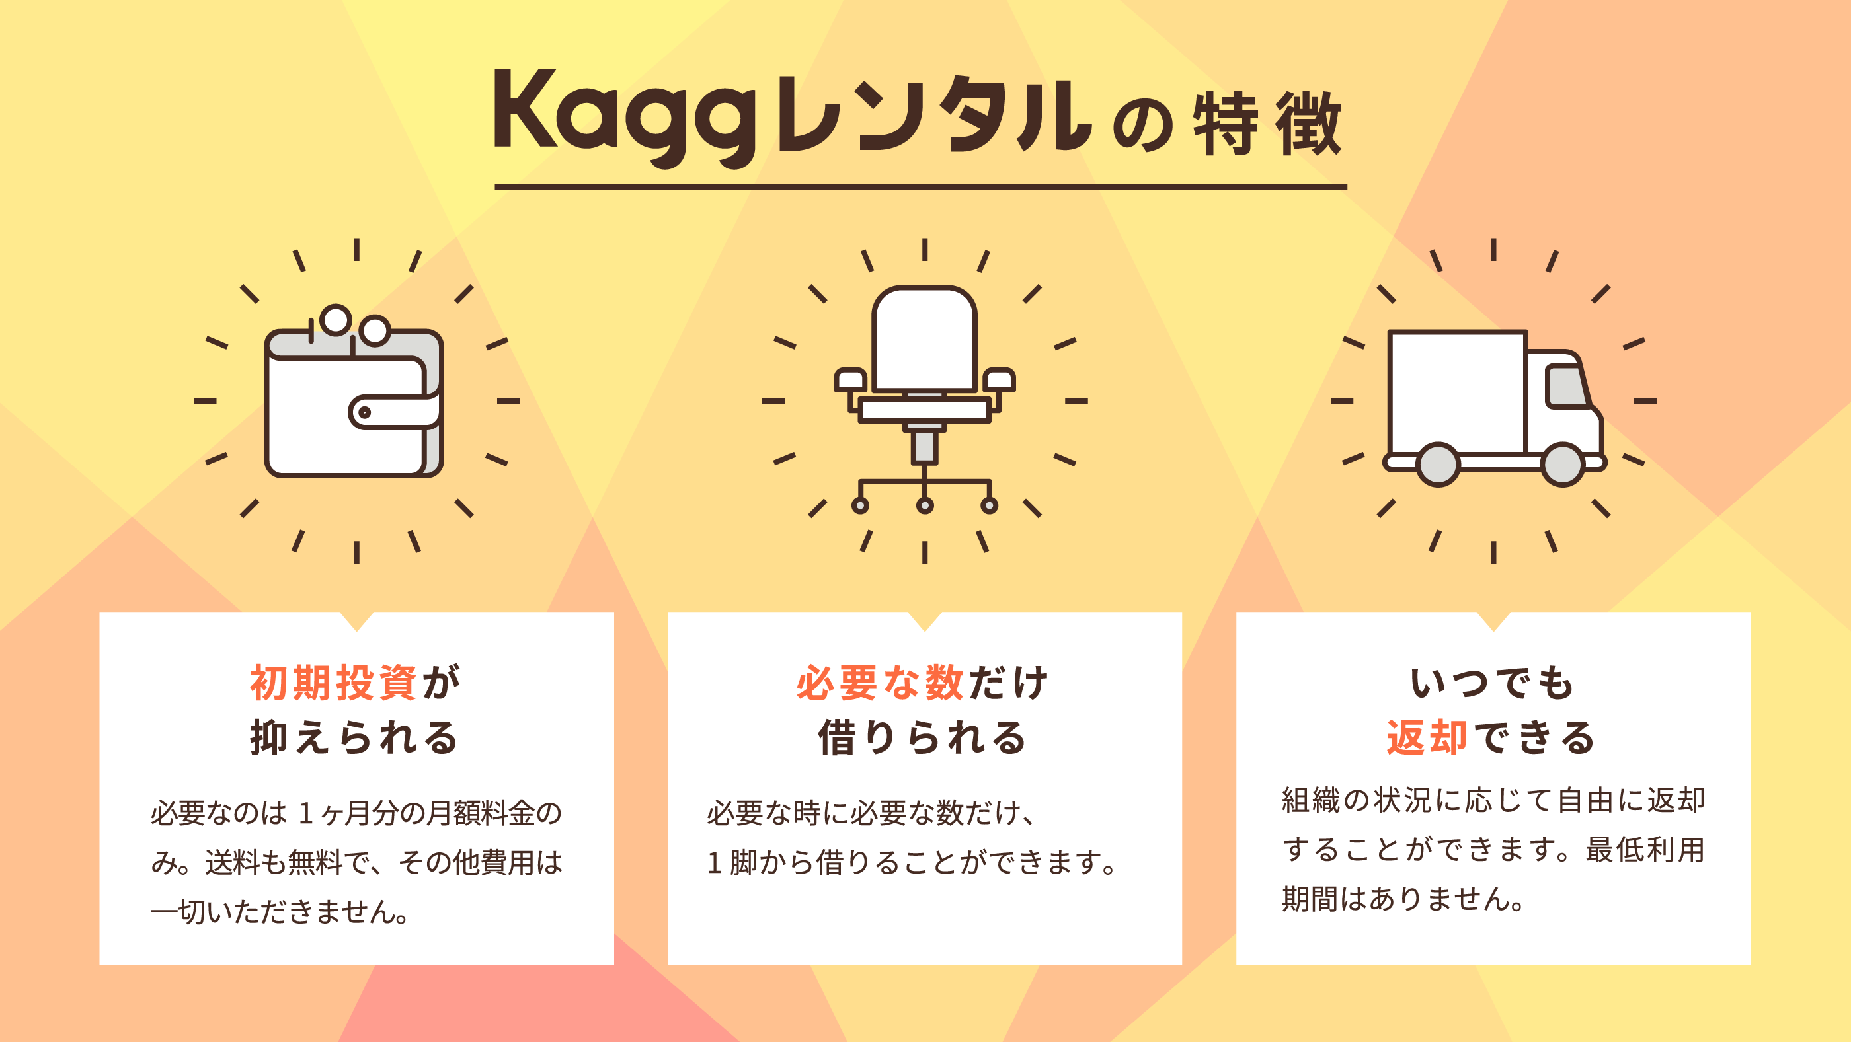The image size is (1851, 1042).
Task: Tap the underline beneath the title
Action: [920, 188]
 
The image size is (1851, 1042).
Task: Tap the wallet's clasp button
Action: [364, 412]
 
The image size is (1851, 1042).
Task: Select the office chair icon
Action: [925, 400]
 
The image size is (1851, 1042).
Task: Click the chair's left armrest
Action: [851, 380]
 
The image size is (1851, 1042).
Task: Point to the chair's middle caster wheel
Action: [925, 505]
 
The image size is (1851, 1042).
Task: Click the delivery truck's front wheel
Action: [1563, 465]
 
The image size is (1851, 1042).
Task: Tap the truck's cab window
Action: [1567, 387]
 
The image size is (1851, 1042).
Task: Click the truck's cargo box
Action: [1458, 392]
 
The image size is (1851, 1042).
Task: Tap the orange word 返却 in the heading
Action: [1427, 737]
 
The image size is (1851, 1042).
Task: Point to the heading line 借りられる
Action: [923, 737]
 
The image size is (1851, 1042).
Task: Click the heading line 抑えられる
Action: [354, 737]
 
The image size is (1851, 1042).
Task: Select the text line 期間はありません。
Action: [1404, 899]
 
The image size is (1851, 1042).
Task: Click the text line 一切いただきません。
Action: [281, 911]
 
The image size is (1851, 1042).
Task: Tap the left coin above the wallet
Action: [336, 320]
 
